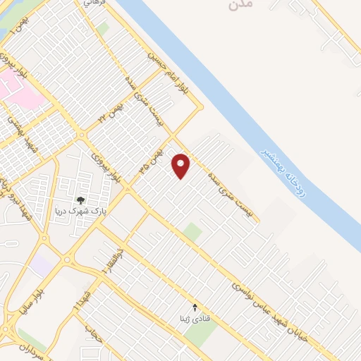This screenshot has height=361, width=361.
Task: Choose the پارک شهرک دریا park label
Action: tap(80, 212)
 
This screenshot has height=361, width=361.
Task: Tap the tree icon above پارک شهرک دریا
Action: tap(80, 201)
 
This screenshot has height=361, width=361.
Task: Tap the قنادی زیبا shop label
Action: tap(195, 317)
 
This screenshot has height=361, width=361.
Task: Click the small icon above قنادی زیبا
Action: tap(195, 307)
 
